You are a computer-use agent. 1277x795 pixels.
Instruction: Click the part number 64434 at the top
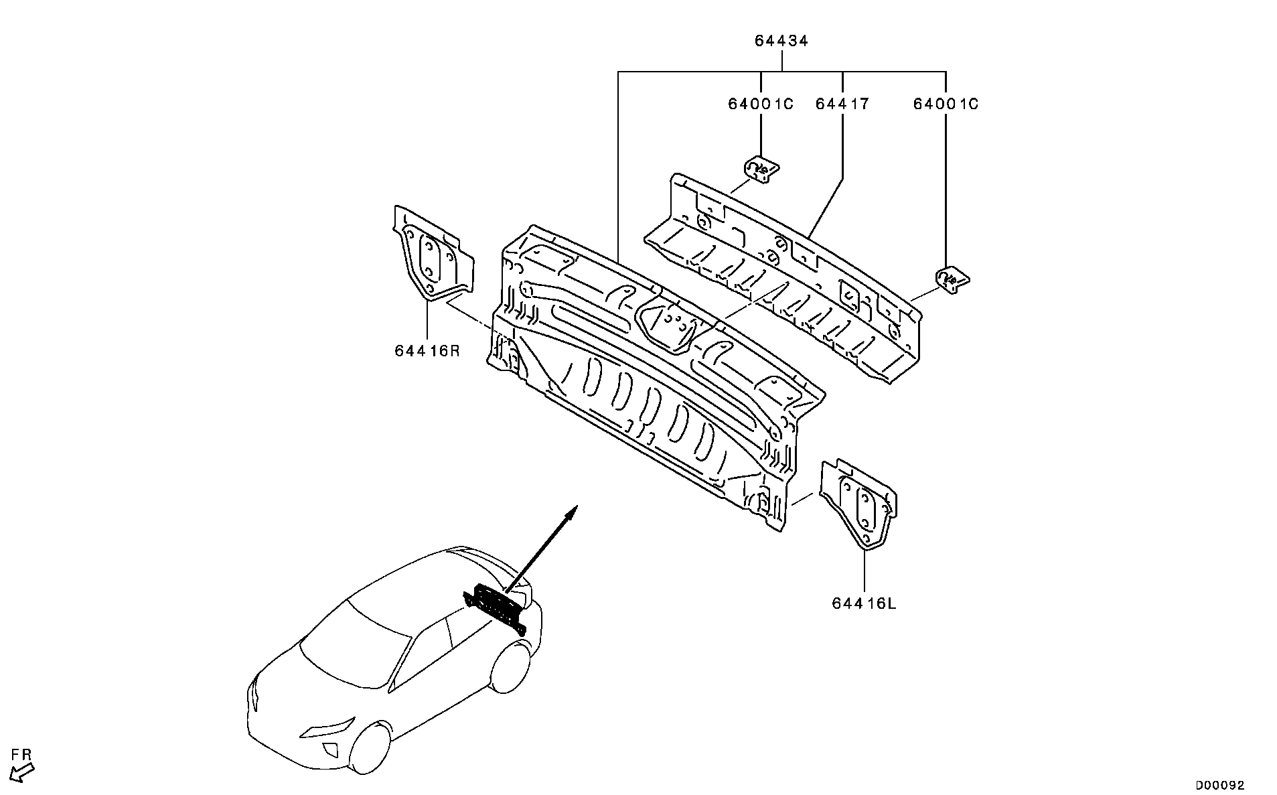click(781, 41)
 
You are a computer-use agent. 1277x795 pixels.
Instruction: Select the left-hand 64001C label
click(761, 104)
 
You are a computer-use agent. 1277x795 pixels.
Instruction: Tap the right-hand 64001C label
click(946, 104)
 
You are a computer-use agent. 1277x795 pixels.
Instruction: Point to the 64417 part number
click(842, 104)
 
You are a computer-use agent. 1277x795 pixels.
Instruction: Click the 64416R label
click(427, 350)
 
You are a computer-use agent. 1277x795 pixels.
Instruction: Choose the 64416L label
click(864, 603)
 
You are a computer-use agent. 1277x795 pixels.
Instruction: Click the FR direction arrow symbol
click(23, 774)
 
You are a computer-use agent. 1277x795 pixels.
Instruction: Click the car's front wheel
click(370, 747)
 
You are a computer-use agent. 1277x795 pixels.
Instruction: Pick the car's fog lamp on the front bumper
click(330, 750)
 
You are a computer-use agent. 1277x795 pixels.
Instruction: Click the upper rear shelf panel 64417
click(783, 275)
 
